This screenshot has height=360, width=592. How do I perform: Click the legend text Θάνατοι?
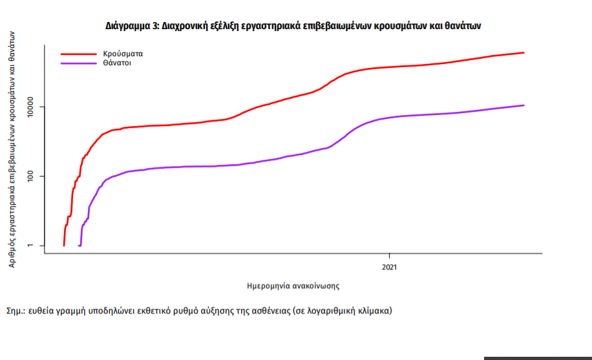[116, 63]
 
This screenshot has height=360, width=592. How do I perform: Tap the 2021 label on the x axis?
[389, 266]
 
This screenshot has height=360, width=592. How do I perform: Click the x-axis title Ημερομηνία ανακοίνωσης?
[293, 284]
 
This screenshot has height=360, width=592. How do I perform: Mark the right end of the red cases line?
[523, 53]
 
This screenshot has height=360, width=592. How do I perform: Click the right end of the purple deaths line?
[523, 105]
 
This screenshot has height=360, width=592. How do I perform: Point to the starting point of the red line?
[63, 246]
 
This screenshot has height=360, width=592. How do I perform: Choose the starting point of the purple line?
[79, 246]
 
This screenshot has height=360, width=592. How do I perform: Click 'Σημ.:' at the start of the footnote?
[16, 310]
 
